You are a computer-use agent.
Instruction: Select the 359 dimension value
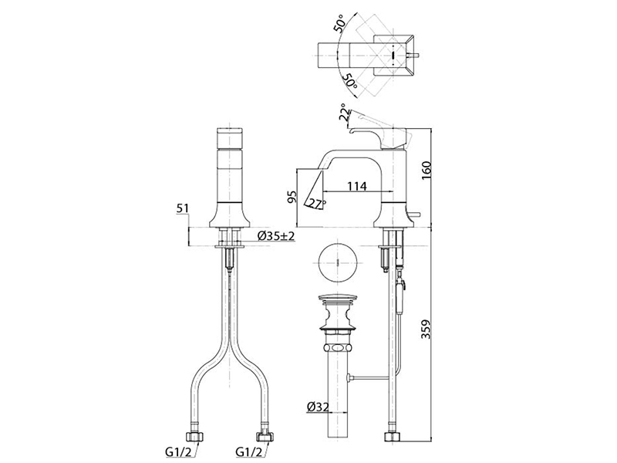point(427,329)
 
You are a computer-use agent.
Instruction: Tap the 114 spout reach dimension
point(356,186)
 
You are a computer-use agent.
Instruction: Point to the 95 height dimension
point(292,197)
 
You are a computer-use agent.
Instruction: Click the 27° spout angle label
point(318,204)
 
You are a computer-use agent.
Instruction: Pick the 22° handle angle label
point(344,113)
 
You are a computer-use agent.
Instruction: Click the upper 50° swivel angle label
point(340,23)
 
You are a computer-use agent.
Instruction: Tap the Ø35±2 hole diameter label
point(276,236)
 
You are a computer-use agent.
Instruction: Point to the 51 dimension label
point(183,208)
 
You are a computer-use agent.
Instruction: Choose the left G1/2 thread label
point(178,452)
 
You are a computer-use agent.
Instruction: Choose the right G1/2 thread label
point(249,452)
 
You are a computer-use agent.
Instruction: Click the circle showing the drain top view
point(339,262)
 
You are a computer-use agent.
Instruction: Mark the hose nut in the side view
point(393,437)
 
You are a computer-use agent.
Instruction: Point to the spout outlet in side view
point(315,193)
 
